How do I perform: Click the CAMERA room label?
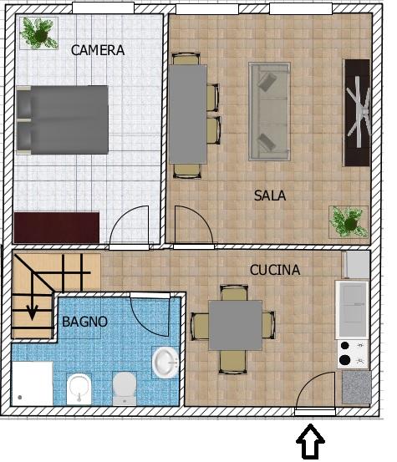coord(98,50)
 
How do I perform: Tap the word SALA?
coord(270,195)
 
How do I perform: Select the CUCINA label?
coord(275,270)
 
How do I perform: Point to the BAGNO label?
coord(84,322)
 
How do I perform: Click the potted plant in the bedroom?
coord(39,33)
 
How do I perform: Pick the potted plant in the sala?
coord(349,222)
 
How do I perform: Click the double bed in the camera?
coord(63,120)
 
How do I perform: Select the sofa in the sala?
coord(269,111)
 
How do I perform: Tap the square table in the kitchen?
coord(235,325)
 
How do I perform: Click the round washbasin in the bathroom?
coord(165,362)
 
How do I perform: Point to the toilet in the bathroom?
coord(125,388)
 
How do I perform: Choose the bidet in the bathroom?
coord(79,389)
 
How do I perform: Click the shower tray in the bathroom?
coord(33,383)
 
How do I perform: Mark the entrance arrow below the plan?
coord(310,441)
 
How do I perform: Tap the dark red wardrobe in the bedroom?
coord(57,227)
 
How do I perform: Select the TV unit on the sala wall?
coord(358,113)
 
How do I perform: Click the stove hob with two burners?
coord(353,353)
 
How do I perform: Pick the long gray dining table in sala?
coord(188,114)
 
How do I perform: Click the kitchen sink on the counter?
coord(352,310)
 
